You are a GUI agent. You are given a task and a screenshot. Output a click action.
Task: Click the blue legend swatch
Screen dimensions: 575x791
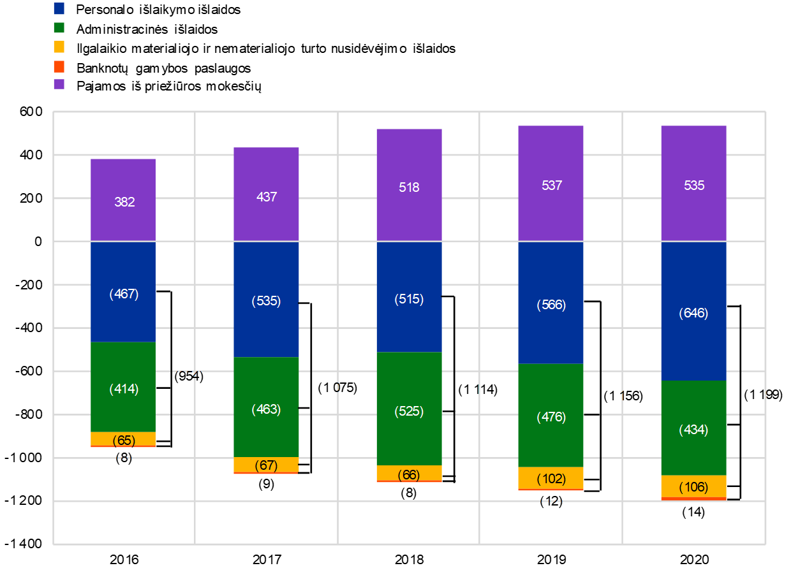[x=59, y=8]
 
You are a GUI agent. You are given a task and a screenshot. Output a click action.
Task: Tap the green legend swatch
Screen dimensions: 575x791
[x=59, y=27]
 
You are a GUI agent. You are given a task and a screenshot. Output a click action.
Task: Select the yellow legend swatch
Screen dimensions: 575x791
[x=59, y=47]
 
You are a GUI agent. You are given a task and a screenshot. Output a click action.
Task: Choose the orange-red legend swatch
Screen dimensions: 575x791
[x=59, y=66]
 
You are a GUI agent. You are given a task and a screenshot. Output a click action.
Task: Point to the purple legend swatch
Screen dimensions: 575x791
[x=59, y=84]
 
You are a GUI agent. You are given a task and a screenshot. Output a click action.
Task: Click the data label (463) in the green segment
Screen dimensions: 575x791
[x=266, y=409]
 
